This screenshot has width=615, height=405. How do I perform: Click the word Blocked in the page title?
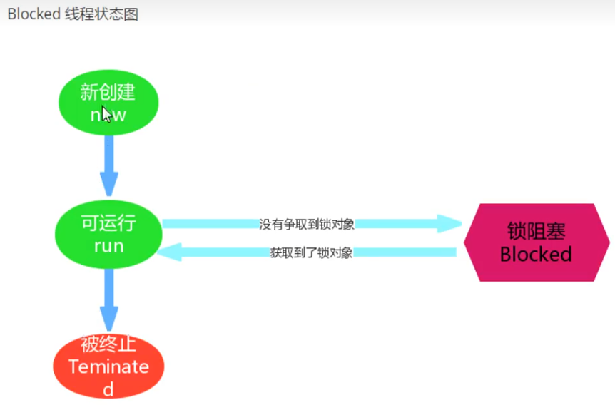[x=33, y=14]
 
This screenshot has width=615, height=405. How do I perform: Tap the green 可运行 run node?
[x=108, y=234]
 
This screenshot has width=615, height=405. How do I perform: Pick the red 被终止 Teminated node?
[x=108, y=366]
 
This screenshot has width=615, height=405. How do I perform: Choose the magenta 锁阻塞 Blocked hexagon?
[x=537, y=242]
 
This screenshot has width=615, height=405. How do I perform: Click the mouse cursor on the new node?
[x=106, y=114]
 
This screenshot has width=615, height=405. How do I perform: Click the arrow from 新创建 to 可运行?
[x=108, y=164]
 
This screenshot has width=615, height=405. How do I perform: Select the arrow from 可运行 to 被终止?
[x=108, y=298]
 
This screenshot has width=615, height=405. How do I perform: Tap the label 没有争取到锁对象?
[x=307, y=224]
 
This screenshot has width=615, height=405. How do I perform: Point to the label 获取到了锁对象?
[x=311, y=252]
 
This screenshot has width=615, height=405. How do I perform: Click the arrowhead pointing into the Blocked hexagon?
[x=449, y=224]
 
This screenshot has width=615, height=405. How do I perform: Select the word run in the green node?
[x=108, y=246]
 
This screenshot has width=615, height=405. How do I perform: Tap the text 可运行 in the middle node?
[x=108, y=223]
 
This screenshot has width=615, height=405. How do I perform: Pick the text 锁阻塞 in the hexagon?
[x=537, y=231]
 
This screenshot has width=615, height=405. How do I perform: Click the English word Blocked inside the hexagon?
[x=537, y=255]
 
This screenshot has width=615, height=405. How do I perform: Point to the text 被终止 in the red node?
[x=108, y=346]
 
